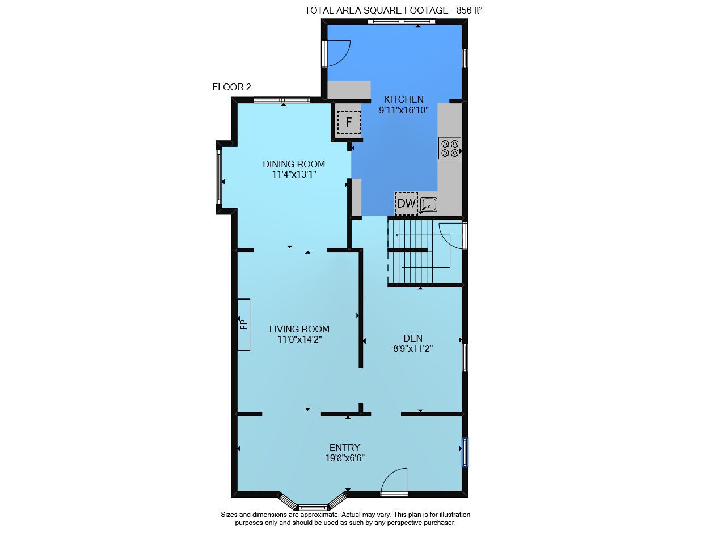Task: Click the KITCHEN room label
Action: [403, 99]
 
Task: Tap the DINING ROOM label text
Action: [294, 164]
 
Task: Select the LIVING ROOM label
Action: [299, 329]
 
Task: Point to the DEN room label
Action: [412, 338]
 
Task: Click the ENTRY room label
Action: [344, 448]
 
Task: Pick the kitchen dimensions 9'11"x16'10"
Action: [403, 110]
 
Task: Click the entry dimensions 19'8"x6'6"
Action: [345, 458]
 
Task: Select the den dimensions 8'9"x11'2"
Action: [413, 348]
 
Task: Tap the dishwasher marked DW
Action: [406, 203]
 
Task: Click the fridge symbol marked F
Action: [349, 122]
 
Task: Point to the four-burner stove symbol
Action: [450, 148]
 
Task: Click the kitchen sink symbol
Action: [429, 205]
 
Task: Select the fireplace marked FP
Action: [244, 325]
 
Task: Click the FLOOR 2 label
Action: [231, 87]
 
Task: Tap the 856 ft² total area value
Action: [469, 10]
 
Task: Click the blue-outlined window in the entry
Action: [465, 452]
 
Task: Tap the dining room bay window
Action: [219, 177]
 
